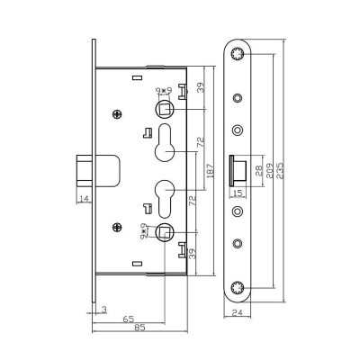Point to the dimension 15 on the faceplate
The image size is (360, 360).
(239, 192)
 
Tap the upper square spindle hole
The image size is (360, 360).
(166, 109)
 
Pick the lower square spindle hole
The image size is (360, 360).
(166, 232)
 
